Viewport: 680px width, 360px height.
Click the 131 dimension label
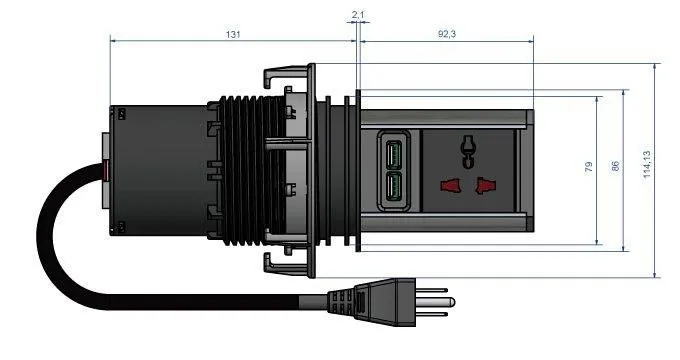[x=233, y=34]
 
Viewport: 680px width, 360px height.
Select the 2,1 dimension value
[x=358, y=15]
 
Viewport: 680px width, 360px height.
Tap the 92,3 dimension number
[x=447, y=34]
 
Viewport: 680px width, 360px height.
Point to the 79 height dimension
[x=588, y=167]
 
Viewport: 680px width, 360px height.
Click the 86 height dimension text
[x=615, y=166]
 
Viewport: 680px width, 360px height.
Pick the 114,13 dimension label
[x=647, y=164]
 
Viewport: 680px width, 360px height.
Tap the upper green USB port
[x=393, y=155]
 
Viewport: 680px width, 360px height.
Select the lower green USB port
[x=393, y=187]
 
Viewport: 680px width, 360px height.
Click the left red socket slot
[x=451, y=186]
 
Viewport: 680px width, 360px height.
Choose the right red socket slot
[x=485, y=185]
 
